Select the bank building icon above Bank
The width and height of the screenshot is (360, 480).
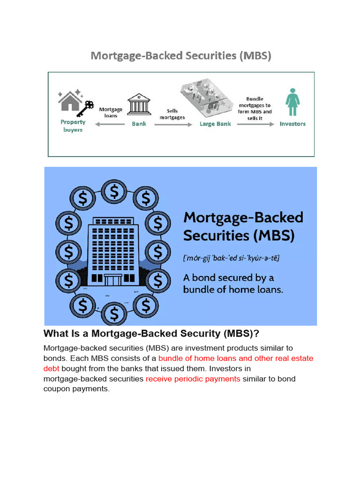139,104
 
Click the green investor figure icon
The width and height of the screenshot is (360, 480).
292,102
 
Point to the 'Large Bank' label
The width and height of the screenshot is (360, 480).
215,124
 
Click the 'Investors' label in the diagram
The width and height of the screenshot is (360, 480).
292,124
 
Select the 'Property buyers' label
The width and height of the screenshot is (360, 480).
73,126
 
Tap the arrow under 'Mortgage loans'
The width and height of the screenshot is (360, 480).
111,124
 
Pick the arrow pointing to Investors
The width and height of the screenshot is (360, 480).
255,124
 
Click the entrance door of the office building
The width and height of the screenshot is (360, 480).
112,279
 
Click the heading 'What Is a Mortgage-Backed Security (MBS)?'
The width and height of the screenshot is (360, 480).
151,334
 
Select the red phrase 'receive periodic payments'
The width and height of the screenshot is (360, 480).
193,379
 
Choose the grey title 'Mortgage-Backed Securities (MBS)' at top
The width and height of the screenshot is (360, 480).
181,56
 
